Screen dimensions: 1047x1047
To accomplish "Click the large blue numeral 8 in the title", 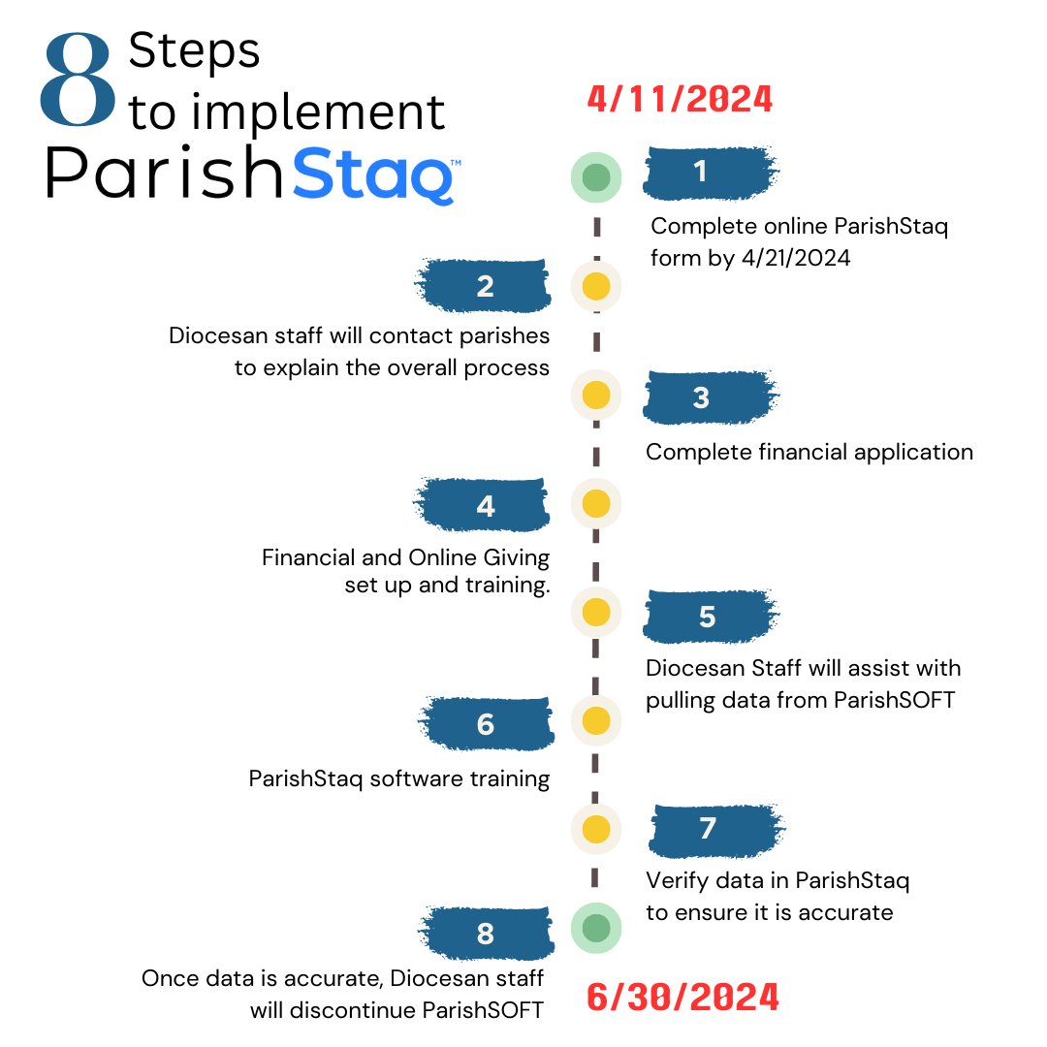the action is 78,79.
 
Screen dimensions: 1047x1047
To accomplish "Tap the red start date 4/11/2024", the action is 680,100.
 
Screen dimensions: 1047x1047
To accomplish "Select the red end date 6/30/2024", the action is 682,997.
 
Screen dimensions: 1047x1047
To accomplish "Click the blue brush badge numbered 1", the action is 710,173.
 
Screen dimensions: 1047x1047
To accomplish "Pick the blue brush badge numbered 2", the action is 483,286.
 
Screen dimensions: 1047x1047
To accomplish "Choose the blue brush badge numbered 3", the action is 710,397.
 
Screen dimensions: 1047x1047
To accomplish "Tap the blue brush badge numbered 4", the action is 482,505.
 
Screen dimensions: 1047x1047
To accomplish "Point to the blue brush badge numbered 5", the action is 711,617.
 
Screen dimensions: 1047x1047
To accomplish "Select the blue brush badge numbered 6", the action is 486,724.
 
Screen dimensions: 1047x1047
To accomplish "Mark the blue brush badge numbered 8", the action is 486,934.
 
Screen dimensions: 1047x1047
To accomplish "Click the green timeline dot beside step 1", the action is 596,177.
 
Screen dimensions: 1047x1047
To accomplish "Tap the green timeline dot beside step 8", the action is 596,928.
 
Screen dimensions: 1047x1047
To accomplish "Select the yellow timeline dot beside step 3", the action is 596,395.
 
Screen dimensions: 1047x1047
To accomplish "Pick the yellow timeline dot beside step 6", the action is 596,721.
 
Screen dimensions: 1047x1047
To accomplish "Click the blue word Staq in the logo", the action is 373,174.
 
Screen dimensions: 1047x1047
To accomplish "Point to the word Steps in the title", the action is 194,50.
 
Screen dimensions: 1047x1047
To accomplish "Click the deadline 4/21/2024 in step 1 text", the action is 796,258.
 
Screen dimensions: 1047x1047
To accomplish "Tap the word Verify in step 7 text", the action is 677,880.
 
